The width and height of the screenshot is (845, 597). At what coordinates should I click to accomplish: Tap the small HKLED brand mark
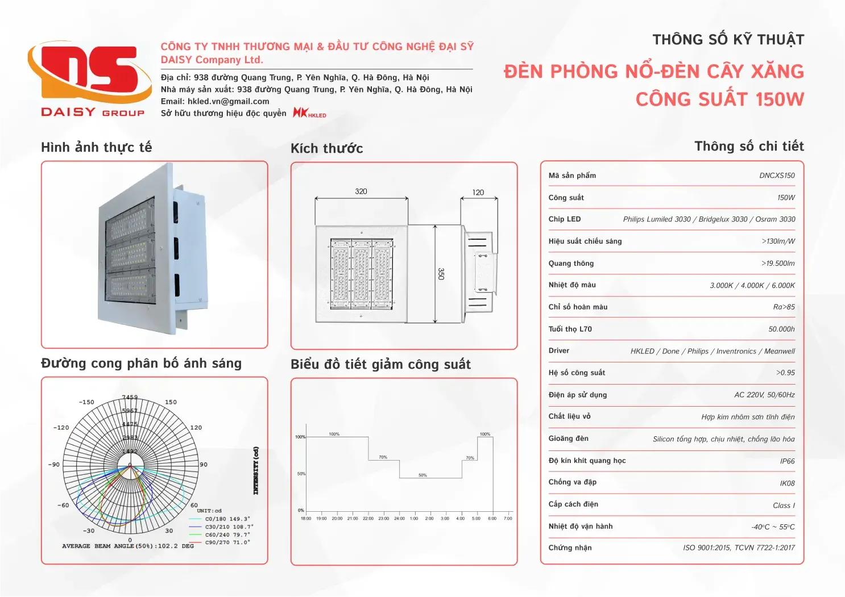click(309, 113)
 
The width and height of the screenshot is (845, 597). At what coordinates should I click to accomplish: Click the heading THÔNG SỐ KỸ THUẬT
click(728, 40)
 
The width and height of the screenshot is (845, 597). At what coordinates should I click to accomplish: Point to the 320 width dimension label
click(361, 191)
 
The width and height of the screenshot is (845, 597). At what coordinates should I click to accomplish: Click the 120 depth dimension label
click(478, 193)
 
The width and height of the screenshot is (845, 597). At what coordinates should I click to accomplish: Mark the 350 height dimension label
click(441, 274)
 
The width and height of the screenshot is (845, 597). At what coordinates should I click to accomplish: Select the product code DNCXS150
click(777, 176)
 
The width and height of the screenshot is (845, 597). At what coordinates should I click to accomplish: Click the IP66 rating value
click(787, 461)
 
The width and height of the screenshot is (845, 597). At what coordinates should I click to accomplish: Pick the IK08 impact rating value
click(787, 483)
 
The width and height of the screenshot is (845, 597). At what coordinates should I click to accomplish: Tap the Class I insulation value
click(784, 506)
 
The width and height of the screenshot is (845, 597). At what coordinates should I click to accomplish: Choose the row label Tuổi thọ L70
click(570, 329)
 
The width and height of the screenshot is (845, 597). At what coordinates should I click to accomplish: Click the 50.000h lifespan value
click(781, 329)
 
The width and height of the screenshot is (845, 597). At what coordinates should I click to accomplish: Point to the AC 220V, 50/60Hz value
click(764, 395)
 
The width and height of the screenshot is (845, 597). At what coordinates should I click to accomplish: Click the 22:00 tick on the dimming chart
click(368, 518)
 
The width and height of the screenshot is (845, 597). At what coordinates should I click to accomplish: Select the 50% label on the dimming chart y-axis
click(301, 474)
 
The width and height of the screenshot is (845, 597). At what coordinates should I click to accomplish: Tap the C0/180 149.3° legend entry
click(227, 519)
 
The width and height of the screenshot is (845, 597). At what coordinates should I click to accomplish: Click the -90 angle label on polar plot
click(53, 465)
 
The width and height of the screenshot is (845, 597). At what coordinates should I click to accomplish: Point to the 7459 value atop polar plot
click(130, 397)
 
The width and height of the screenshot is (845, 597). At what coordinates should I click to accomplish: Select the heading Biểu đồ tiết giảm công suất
click(380, 364)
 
